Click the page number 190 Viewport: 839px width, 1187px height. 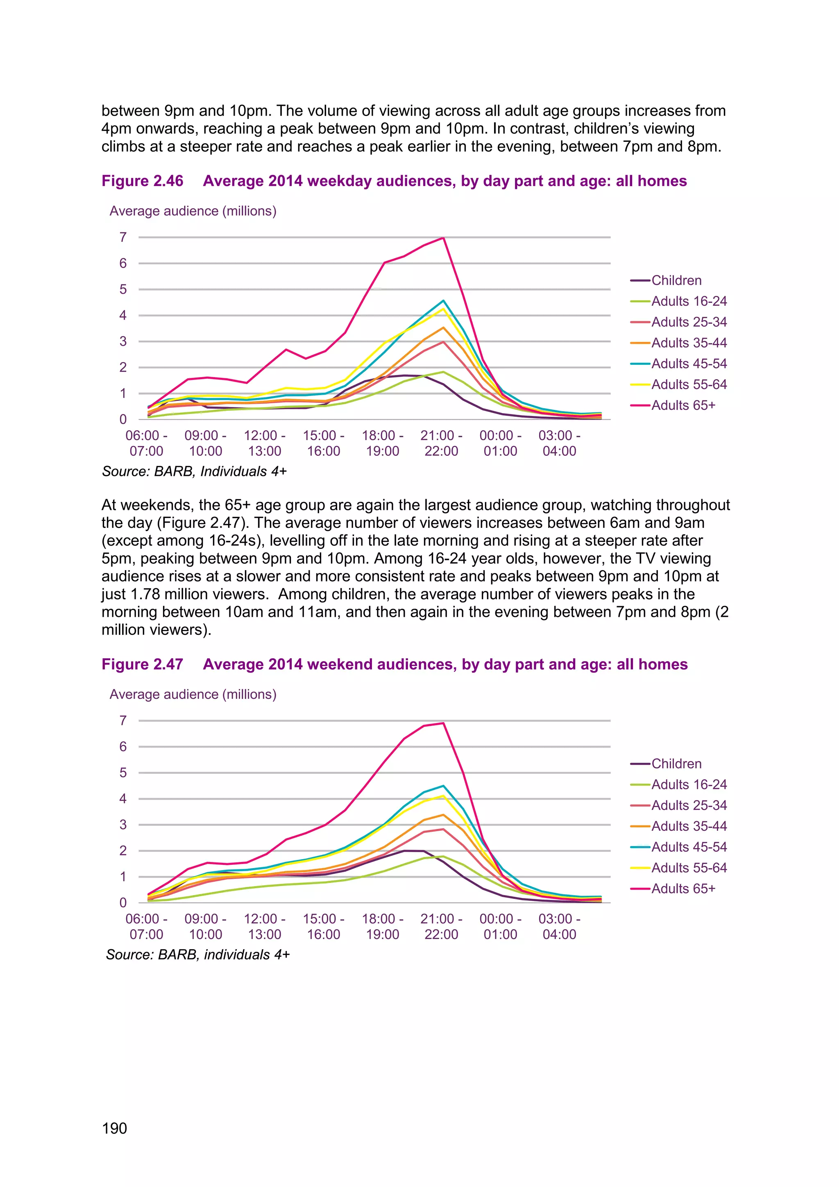(x=114, y=1128)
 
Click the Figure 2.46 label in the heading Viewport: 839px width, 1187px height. (x=142, y=181)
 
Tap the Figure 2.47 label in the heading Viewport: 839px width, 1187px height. (x=142, y=664)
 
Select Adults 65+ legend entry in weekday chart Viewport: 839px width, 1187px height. (x=683, y=405)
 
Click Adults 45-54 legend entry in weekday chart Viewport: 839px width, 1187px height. (x=689, y=364)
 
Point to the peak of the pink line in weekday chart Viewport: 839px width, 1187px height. (x=443, y=238)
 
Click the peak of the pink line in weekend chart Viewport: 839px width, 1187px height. (x=443, y=723)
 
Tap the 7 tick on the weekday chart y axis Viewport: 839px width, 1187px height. (x=123, y=237)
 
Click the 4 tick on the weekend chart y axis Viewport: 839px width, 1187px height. (x=123, y=799)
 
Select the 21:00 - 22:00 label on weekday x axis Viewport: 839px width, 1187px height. (x=441, y=443)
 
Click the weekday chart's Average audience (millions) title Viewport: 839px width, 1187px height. (x=193, y=211)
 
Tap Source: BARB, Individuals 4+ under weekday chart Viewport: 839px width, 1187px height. (x=194, y=471)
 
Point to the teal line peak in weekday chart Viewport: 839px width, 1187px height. (x=443, y=300)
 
